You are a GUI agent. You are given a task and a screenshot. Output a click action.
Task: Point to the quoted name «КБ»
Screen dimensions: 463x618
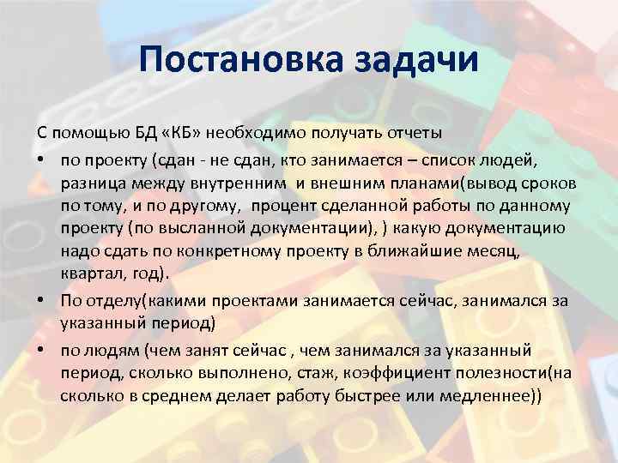coord(184,135)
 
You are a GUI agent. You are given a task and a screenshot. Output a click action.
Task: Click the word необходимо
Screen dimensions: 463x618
coord(257,135)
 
